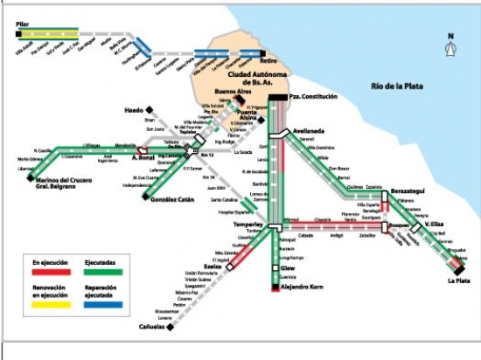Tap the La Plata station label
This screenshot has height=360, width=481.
tap(458, 280)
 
